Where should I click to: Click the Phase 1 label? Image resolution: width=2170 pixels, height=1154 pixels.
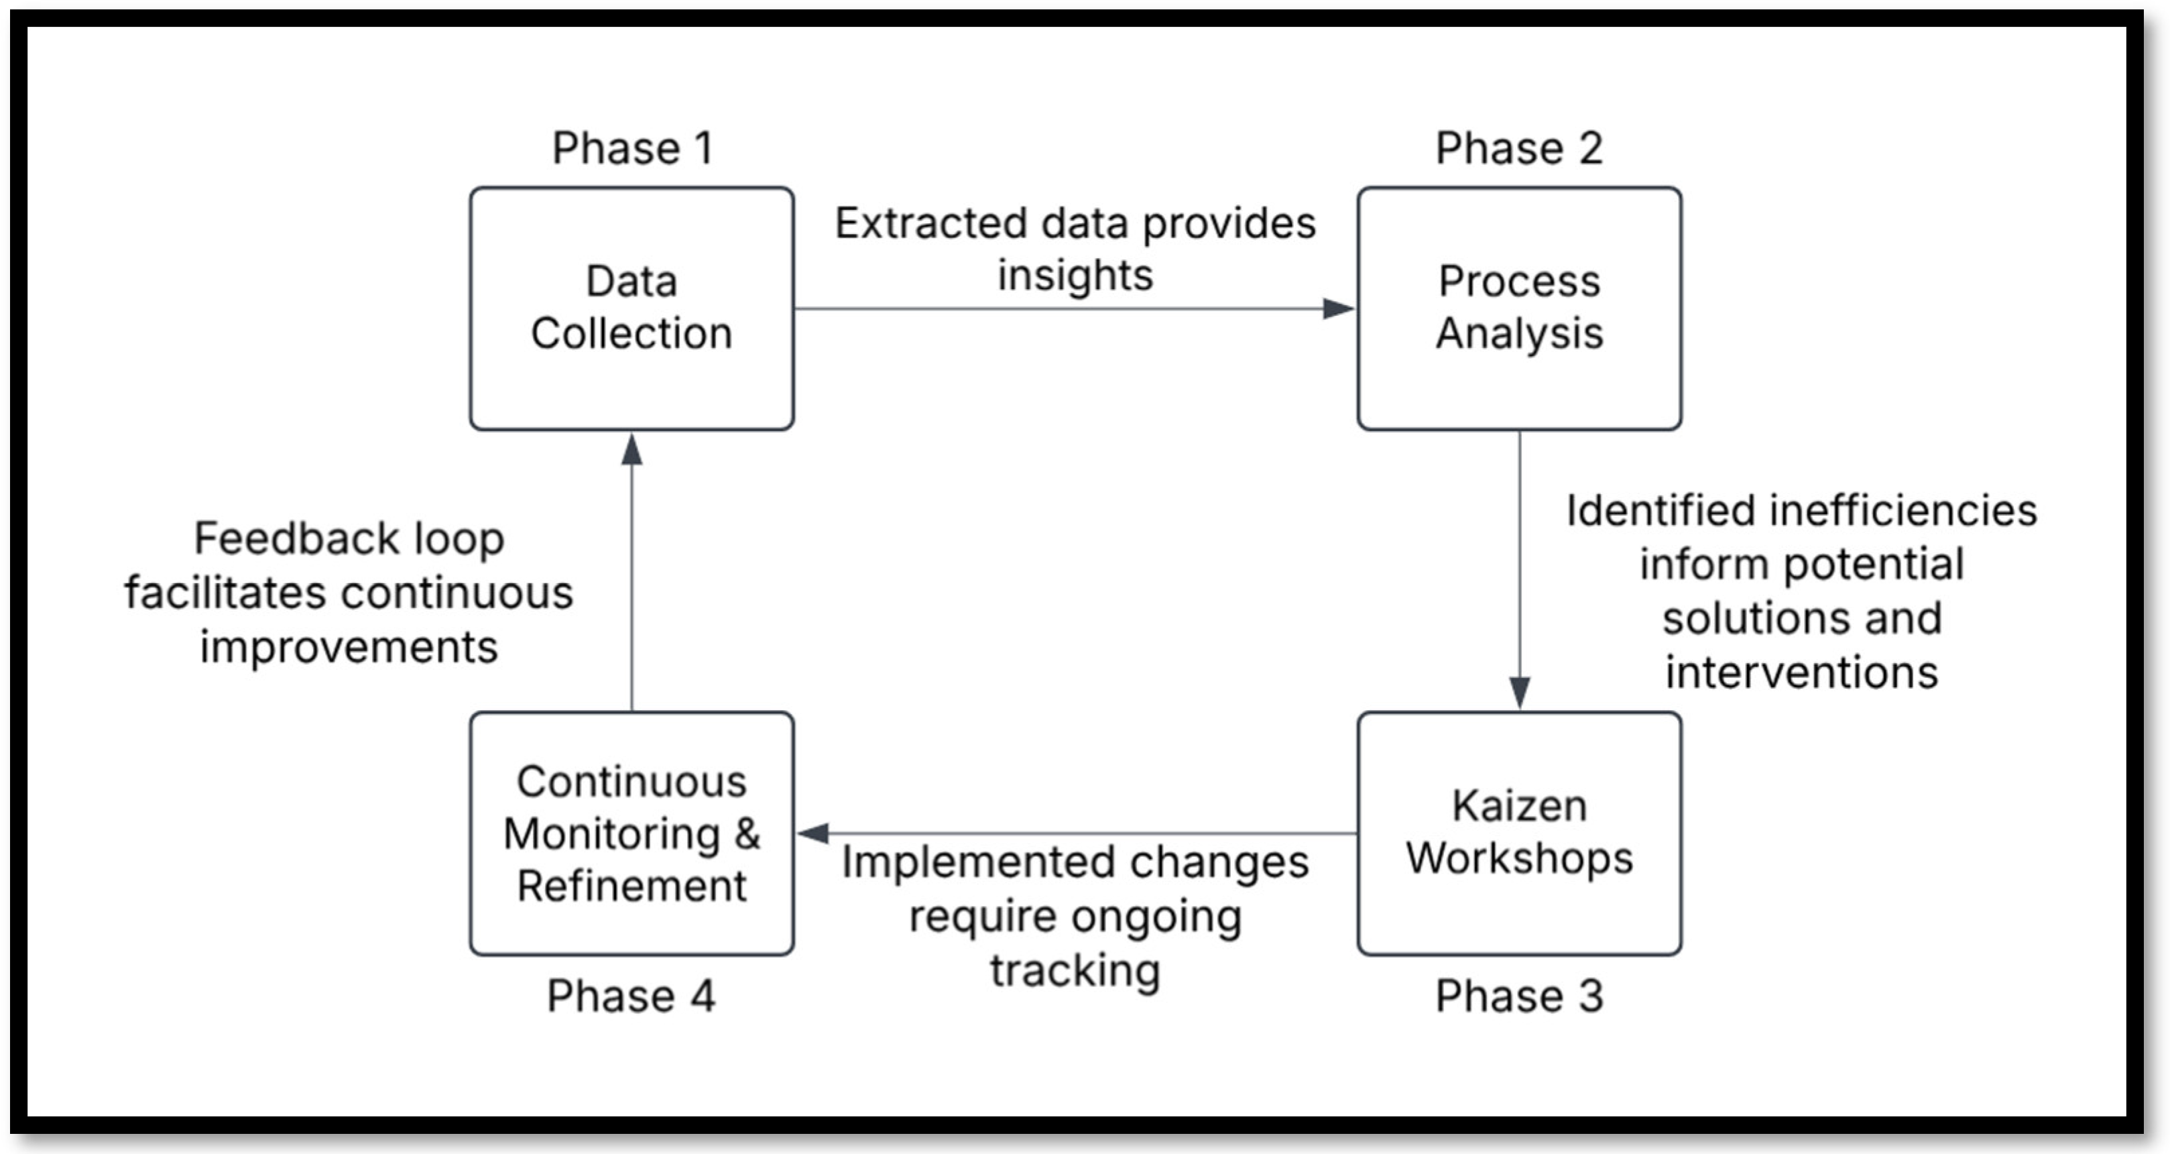point(631,148)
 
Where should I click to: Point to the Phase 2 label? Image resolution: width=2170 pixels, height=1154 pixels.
point(1519,148)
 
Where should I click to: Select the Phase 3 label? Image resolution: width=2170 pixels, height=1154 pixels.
point(1519,996)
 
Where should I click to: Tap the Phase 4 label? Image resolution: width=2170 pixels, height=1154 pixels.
point(631,996)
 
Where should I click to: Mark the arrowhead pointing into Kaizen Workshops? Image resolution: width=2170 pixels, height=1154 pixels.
point(1519,693)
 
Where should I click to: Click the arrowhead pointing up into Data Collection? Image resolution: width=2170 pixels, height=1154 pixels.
point(631,450)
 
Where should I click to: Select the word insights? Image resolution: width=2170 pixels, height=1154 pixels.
point(1075,276)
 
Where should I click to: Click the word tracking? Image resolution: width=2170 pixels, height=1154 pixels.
point(1075,970)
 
